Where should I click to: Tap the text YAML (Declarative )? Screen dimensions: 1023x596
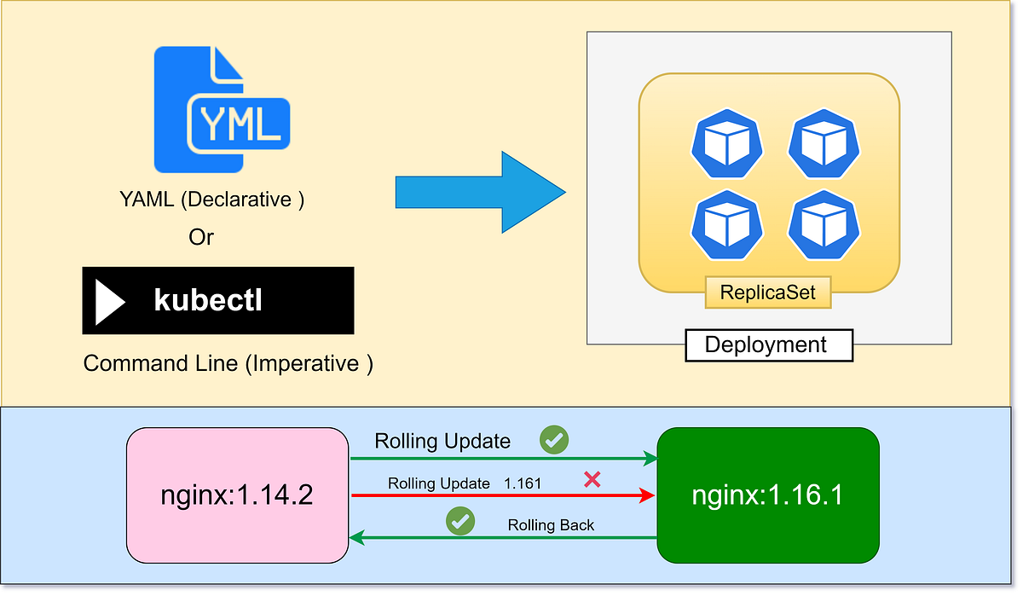click(212, 200)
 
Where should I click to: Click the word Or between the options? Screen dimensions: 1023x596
click(201, 237)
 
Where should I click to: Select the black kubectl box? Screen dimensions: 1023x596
click(218, 300)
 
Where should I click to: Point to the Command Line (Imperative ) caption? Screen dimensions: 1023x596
click(228, 364)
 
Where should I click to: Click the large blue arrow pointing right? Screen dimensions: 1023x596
click(481, 193)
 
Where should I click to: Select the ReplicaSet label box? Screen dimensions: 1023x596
click(768, 292)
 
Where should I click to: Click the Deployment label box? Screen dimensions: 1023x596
click(769, 345)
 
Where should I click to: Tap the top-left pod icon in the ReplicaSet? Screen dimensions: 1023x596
click(727, 144)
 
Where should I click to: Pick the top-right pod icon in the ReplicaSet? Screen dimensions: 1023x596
click(824, 144)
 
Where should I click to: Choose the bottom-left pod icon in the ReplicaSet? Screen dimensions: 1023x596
click(727, 225)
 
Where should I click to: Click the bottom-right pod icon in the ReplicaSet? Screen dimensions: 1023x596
click(824, 225)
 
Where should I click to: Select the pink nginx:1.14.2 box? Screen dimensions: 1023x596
click(238, 495)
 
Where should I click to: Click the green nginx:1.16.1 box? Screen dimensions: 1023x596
click(768, 495)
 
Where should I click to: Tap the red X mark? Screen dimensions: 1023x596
click(592, 479)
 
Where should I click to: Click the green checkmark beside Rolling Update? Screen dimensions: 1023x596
click(554, 440)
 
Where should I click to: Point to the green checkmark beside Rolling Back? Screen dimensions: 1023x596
click(460, 521)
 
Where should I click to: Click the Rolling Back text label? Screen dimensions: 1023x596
click(551, 525)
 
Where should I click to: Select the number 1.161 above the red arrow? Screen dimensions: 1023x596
click(523, 483)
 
